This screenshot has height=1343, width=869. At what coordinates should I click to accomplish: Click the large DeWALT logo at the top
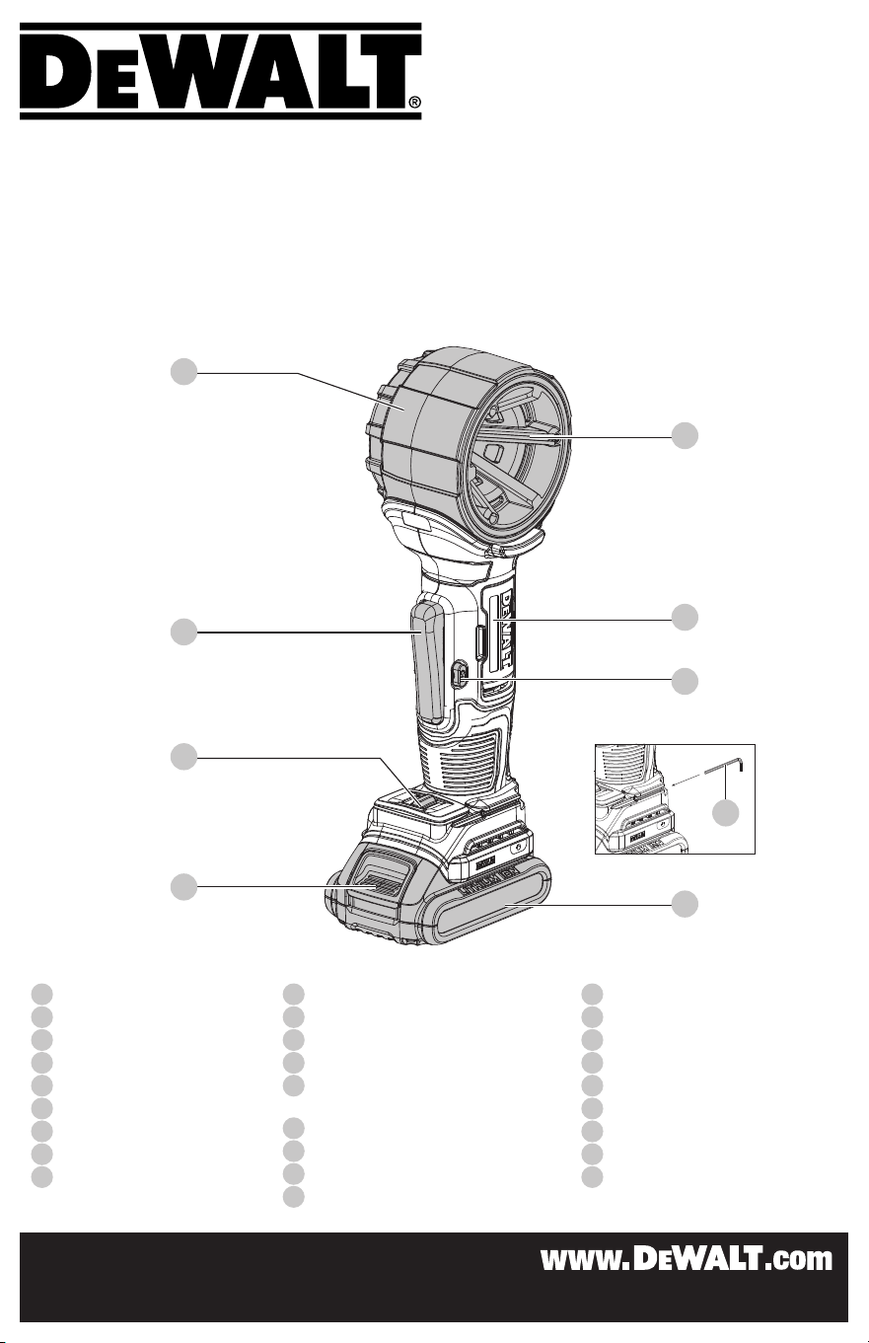221,71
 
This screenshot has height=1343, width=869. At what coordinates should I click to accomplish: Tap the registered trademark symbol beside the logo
414,103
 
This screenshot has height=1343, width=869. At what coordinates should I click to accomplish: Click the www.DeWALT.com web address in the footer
687,1259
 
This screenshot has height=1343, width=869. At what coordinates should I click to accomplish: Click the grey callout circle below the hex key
726,812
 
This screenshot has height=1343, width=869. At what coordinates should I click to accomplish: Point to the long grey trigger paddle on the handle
426,662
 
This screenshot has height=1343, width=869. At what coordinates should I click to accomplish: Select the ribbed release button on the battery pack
376,884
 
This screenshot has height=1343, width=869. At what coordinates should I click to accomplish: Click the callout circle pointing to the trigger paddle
184,632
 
